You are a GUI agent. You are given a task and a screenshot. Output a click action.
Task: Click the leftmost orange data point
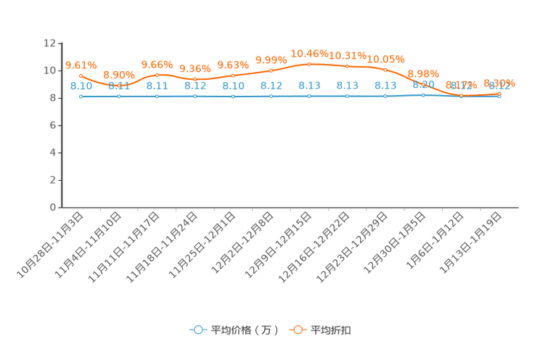[x=81, y=75]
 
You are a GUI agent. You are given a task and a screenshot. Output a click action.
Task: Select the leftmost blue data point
[x=81, y=97]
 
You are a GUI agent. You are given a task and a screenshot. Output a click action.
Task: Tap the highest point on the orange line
[x=309, y=64]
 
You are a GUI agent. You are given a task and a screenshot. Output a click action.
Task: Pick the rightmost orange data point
[x=499, y=94]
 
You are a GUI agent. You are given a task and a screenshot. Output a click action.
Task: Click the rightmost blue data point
[x=499, y=97]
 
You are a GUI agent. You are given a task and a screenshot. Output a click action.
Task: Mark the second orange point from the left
[x=119, y=86]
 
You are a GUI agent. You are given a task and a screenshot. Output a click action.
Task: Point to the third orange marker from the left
[x=157, y=75]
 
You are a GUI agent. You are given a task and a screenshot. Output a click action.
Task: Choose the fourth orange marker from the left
[x=195, y=79]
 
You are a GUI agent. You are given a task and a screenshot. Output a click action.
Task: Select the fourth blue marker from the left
[x=195, y=97]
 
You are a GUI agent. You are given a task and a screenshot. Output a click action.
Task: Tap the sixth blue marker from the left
[x=271, y=97]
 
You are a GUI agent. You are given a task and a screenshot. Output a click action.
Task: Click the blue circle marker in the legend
[x=197, y=330]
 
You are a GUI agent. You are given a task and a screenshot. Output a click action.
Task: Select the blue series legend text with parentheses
[x=245, y=330]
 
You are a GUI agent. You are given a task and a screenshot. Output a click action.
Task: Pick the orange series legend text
[x=332, y=330]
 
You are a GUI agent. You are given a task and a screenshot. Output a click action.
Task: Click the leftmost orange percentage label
[x=81, y=65]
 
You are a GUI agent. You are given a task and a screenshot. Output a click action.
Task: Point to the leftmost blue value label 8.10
[x=81, y=86]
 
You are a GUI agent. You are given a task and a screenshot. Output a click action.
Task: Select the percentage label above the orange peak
[x=309, y=53]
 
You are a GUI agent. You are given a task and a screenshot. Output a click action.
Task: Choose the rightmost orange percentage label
[x=499, y=83]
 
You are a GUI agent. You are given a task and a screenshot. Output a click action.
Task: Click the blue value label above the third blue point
[x=157, y=86]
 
